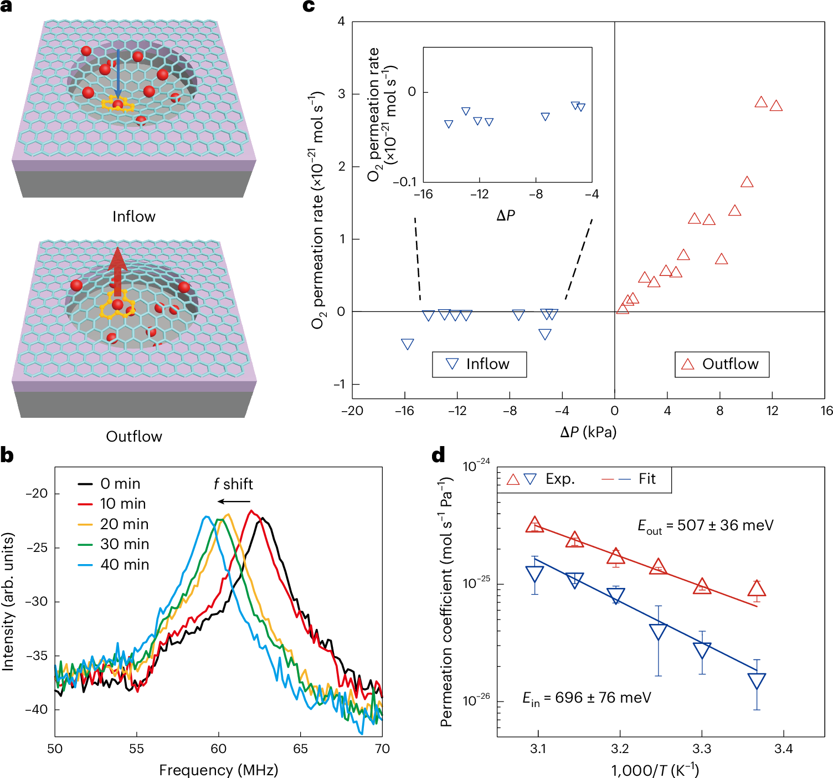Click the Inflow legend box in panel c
click(x=479, y=364)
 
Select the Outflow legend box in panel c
click(x=722, y=364)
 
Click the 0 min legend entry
click(x=109, y=484)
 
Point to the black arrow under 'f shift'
click(x=234, y=501)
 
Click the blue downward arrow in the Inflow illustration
click(x=117, y=75)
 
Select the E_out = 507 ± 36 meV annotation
click(x=705, y=526)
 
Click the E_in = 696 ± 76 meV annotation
click(x=587, y=698)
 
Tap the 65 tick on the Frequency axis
click(x=300, y=749)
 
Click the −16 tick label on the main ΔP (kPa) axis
click(x=404, y=411)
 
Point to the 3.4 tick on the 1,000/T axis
click(x=783, y=749)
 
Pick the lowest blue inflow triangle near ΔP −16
click(x=407, y=344)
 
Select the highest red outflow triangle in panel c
click(x=761, y=102)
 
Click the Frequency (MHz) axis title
click(x=218, y=770)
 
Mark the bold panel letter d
click(x=438, y=455)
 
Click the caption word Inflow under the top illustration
click(x=134, y=216)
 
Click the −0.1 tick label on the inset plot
click(x=404, y=182)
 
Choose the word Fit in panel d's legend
click(x=647, y=479)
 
